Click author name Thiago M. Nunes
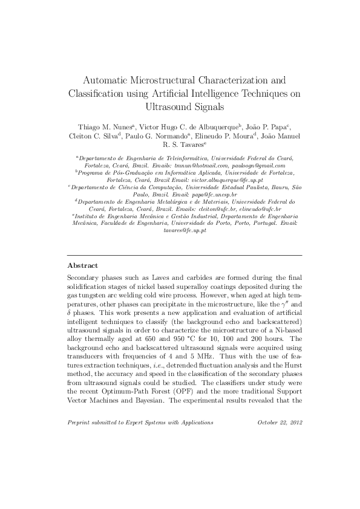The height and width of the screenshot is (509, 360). [x=105, y=128]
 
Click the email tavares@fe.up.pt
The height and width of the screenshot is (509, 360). [x=185, y=230]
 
